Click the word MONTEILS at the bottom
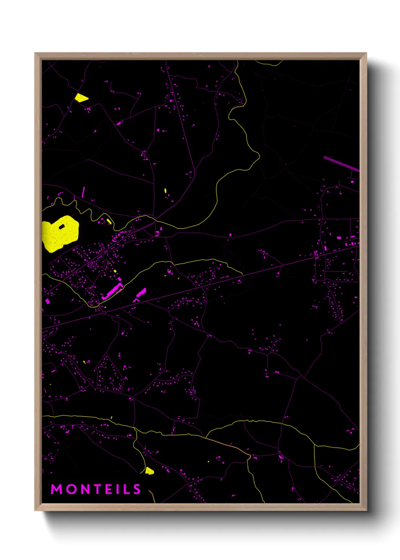coord(96,489)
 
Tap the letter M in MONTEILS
coord(56,489)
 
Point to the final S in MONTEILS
coord(137,489)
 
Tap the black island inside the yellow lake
coord(62,227)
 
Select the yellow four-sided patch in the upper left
coord(81,98)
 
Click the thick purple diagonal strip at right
coord(341,163)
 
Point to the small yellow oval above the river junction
coord(166,190)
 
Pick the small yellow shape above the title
coord(149,471)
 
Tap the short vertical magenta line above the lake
coord(83,192)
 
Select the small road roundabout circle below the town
coord(104,313)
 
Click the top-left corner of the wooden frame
coord(36,54)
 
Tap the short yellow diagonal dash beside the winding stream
coord(109,221)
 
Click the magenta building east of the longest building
coord(141,292)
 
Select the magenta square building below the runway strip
coord(352,182)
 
